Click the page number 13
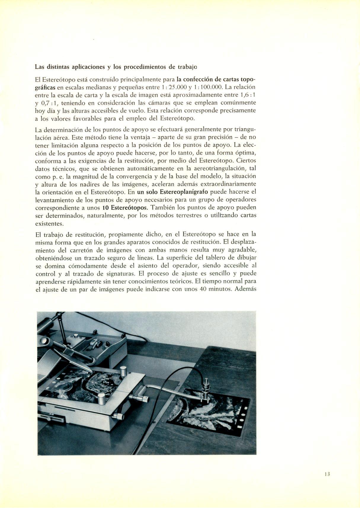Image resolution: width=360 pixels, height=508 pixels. coord(327,474)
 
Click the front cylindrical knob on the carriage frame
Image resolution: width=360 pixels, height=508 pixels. coord(102,399)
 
